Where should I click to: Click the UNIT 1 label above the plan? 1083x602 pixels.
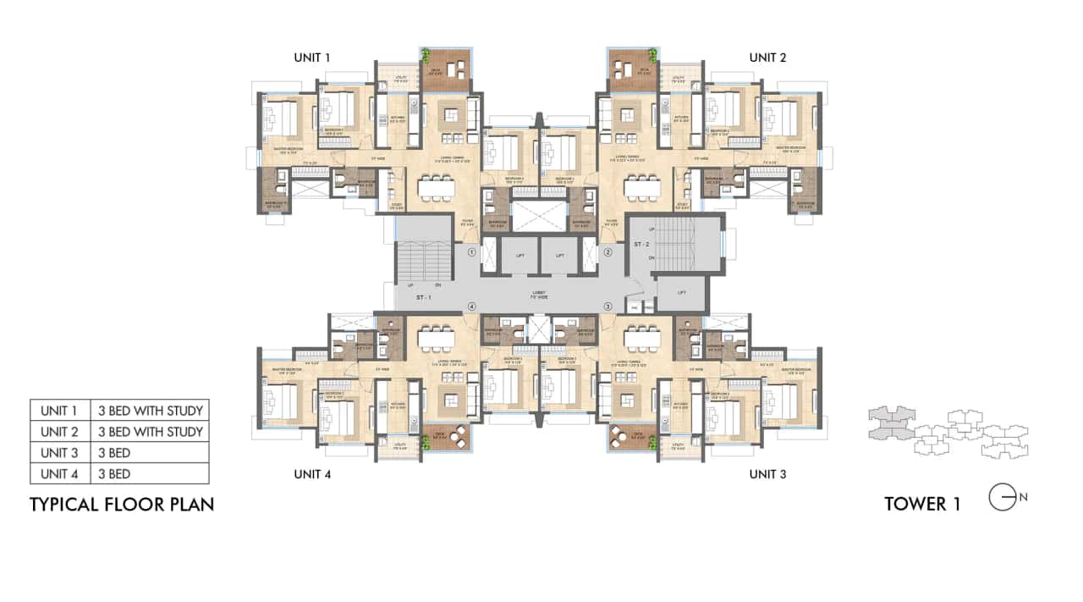point(312,58)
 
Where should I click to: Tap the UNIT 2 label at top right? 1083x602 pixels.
point(767,58)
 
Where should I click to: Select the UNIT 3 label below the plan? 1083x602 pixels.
point(767,474)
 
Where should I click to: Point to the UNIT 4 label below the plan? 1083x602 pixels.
point(312,474)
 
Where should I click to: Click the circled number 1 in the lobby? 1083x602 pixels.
point(471,251)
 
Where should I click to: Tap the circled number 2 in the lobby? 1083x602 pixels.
point(607,251)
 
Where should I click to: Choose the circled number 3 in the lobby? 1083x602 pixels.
point(607,306)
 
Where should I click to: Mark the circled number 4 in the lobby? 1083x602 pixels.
point(471,306)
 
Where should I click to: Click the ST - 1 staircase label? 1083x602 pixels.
point(425,298)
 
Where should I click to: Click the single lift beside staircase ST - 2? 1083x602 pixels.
point(682,293)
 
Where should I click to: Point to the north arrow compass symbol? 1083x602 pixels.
point(1003,498)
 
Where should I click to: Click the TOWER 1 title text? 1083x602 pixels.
point(921,505)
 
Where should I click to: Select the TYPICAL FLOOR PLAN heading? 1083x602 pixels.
point(122,505)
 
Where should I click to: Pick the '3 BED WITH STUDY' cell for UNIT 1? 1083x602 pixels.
point(149,411)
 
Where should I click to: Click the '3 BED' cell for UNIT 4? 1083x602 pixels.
point(149,474)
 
